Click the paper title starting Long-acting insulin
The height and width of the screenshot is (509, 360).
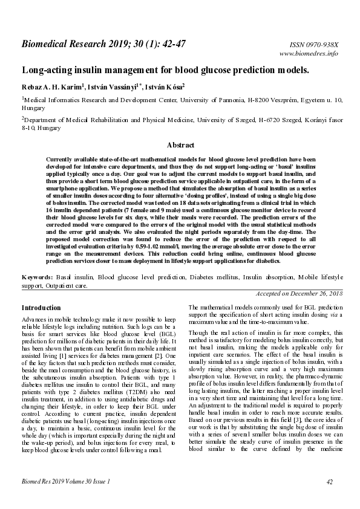pyautogui.click(x=165, y=70)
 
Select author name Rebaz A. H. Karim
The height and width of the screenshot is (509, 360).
pyautogui.click(x=51, y=86)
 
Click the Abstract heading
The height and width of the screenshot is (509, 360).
pyautogui.click(x=180, y=145)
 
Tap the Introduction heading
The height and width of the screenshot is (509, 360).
pyautogui.click(x=41, y=308)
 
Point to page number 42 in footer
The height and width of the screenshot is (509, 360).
pyautogui.click(x=330, y=482)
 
